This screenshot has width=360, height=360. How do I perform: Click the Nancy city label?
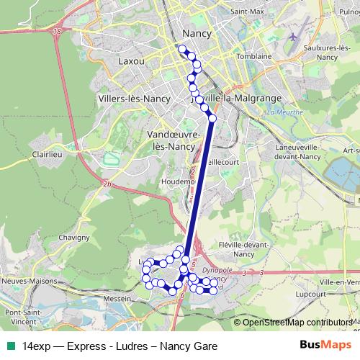pos(196,33)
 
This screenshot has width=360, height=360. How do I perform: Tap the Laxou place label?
pos(132,61)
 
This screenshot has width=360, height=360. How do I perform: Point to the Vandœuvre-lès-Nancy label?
pos(171,140)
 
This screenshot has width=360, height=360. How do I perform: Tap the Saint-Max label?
pos(244,12)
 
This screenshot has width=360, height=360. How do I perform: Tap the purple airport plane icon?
pos(292,35)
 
